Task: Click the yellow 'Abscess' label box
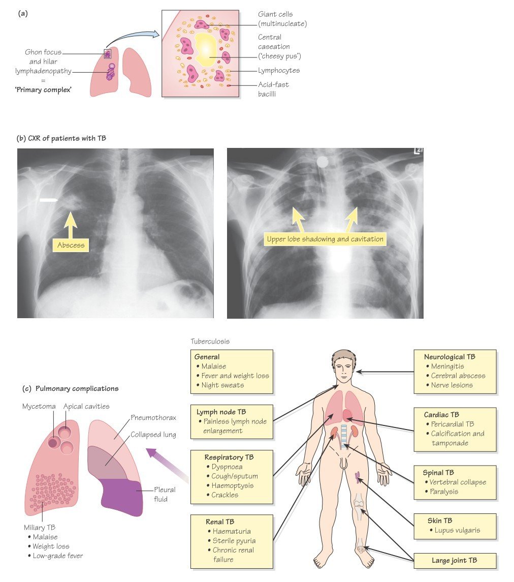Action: coord(71,246)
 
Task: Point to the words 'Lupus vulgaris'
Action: coord(457,530)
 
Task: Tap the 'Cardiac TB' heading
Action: coord(442,414)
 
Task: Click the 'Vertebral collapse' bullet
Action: coord(458,482)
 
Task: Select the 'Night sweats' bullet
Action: coord(223,385)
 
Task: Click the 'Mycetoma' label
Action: coord(38,406)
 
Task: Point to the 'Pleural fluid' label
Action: coord(165,494)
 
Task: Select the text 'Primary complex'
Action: coord(43,90)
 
